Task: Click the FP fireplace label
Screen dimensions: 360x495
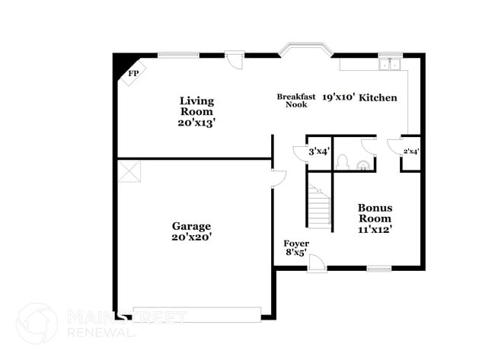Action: (x=133, y=74)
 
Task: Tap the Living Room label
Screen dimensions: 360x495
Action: (x=196, y=106)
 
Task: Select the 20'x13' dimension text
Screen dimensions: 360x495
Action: (x=196, y=123)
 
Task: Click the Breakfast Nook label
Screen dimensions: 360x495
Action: (x=292, y=100)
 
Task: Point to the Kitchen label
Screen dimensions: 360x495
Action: (x=378, y=97)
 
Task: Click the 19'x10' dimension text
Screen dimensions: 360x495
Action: (x=337, y=97)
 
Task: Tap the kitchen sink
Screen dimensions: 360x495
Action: (x=391, y=64)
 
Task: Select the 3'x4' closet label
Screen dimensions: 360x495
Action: (x=318, y=151)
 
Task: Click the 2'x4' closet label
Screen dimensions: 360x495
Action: (x=410, y=151)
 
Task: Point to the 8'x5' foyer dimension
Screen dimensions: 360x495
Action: (x=295, y=253)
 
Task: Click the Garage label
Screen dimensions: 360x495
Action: (x=191, y=226)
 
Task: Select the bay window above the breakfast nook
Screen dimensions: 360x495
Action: (x=305, y=51)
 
